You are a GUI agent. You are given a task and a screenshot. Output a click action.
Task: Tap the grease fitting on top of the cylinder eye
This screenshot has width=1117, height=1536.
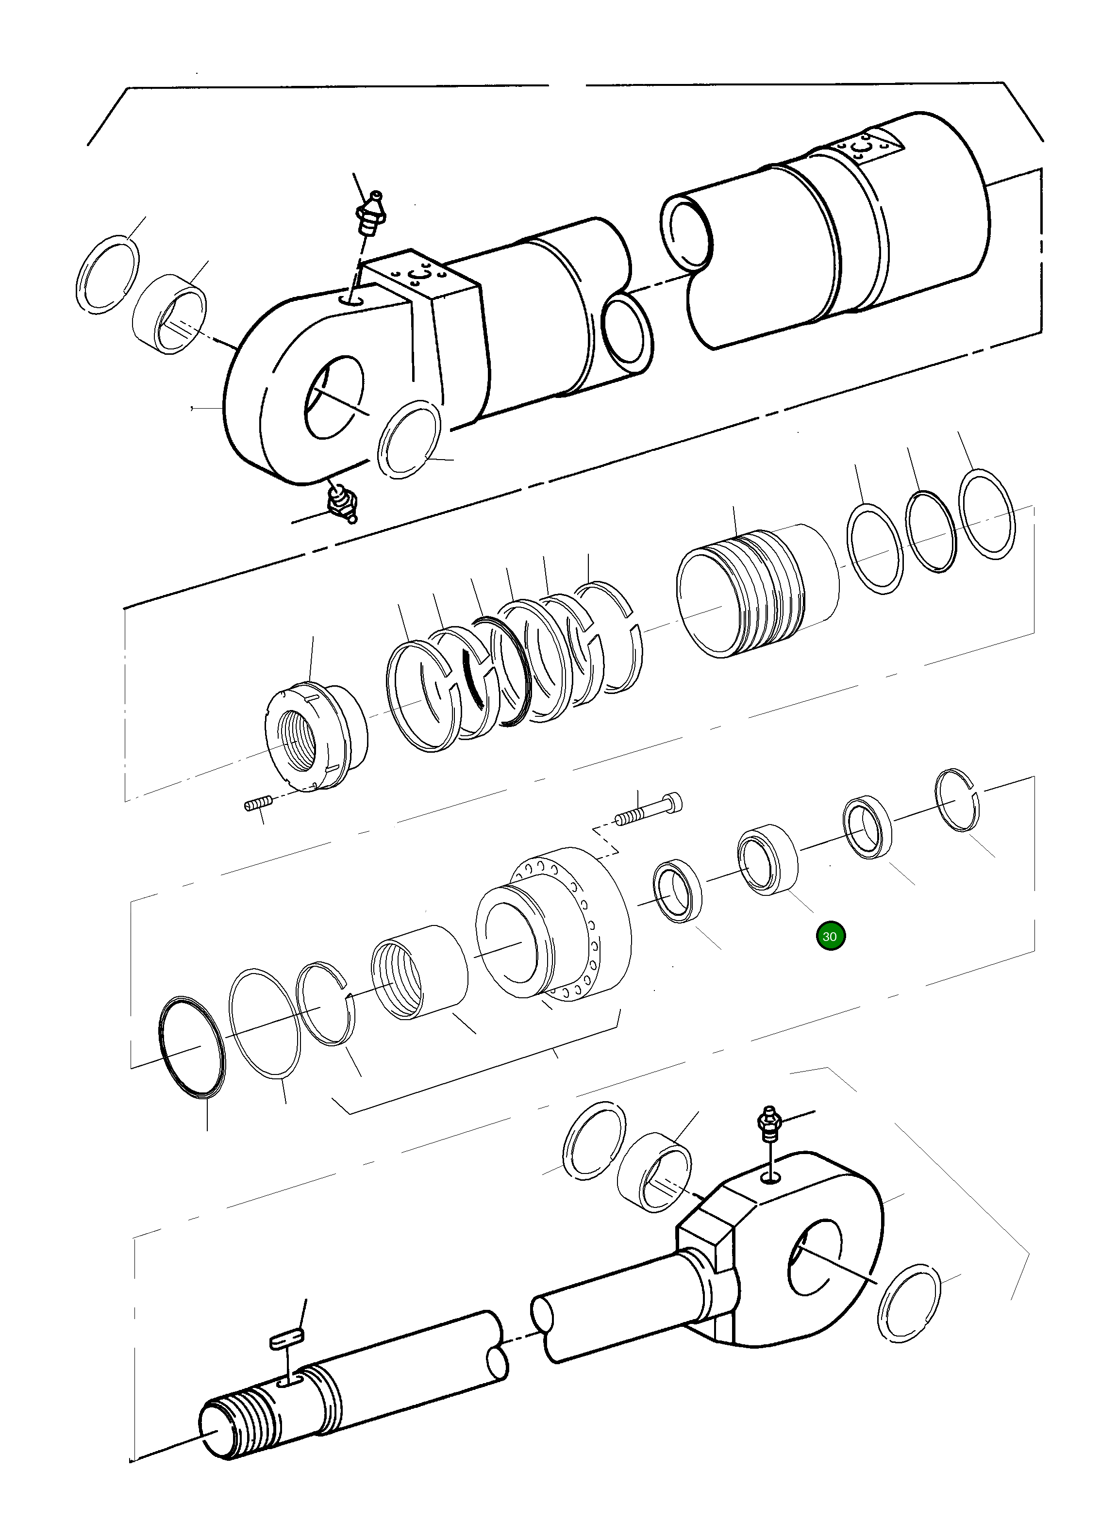[x=371, y=214]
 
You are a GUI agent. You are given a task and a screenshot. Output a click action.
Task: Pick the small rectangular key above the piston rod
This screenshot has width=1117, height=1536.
[x=287, y=1338]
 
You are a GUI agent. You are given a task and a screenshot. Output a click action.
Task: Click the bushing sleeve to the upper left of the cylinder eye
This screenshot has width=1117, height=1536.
[x=168, y=314]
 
